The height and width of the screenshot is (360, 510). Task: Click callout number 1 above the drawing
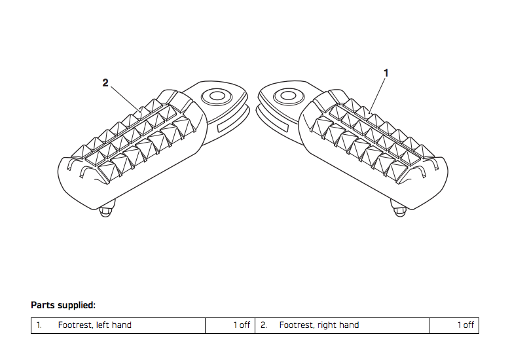(x=386, y=73)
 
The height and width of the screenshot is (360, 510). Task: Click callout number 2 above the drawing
(x=105, y=82)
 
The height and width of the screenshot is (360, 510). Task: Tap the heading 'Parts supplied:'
(x=64, y=305)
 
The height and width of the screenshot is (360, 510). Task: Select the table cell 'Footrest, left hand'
(x=94, y=325)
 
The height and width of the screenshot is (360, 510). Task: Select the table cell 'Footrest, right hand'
(x=319, y=325)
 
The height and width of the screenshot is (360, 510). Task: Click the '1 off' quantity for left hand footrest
(x=242, y=325)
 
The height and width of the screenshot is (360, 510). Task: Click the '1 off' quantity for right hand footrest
(x=465, y=325)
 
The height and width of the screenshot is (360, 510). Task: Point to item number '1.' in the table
(x=39, y=325)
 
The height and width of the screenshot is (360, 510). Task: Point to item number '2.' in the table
(x=264, y=325)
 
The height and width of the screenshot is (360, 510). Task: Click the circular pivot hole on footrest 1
(x=285, y=96)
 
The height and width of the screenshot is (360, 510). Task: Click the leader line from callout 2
(x=124, y=97)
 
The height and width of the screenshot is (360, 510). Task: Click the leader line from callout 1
(x=378, y=95)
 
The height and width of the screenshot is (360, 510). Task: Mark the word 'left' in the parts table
(x=104, y=325)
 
